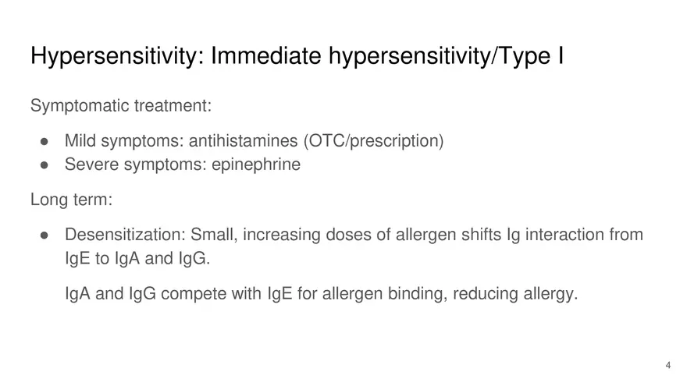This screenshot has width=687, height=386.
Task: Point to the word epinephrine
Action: [256, 165]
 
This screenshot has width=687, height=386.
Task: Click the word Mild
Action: [80, 141]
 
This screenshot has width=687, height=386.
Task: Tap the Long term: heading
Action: [71, 200]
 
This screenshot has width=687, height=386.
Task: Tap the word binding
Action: [415, 294]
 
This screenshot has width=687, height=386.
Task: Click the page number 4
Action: [667, 365]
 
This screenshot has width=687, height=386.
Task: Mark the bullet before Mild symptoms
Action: [45, 142]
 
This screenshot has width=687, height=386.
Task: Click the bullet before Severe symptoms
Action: [45, 165]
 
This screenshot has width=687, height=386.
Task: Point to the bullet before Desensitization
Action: [45, 235]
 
